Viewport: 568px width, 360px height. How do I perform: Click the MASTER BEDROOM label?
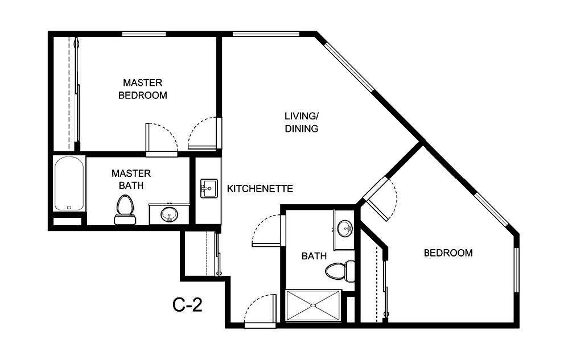pos(142,89)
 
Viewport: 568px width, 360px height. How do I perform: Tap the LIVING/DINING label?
pos(301,122)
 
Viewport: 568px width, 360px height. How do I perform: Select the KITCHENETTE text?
pos(260,188)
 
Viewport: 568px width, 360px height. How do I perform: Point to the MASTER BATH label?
pos(131,179)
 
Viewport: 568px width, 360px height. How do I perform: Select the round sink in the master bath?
pos(168,215)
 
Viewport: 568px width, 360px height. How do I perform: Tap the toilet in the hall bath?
pos(339,270)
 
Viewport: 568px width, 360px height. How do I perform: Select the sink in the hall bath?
pos(345,229)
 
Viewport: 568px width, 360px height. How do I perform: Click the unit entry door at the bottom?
pos(260,311)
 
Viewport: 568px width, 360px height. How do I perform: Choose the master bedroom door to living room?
pos(204,134)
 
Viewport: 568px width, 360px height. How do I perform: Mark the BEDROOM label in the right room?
pos(448,253)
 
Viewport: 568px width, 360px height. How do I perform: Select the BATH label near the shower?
pos(314,256)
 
